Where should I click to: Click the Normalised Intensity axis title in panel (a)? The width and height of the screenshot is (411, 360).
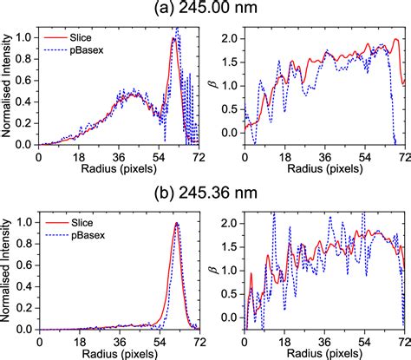pyautogui.click(x=8, y=87)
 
